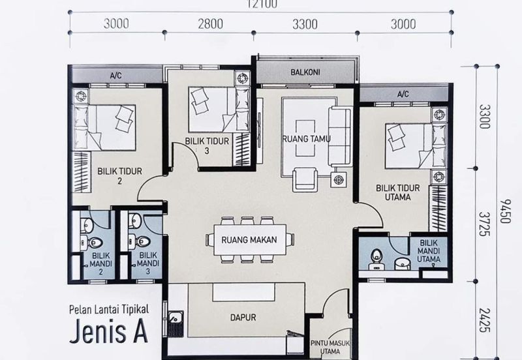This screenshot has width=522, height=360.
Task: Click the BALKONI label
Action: pyautogui.click(x=305, y=72)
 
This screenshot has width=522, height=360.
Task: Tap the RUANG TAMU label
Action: pyautogui.click(x=306, y=138)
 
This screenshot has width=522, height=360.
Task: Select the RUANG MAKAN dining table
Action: pyautogui.click(x=249, y=239)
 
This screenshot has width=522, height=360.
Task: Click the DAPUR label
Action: pyautogui.click(x=243, y=318)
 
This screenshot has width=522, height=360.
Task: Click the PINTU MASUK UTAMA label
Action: pyautogui.click(x=330, y=347)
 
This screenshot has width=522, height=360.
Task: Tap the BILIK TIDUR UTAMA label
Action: pyautogui.click(x=398, y=192)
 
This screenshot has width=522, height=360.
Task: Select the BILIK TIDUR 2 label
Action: pyautogui.click(x=119, y=176)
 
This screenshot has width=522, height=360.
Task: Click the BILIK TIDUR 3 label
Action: pyautogui.click(x=207, y=145)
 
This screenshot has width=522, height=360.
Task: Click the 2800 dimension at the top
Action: pyautogui.click(x=210, y=24)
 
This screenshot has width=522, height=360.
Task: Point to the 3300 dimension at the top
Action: pyautogui.click(x=305, y=24)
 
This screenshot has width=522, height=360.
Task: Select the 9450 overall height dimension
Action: pyautogui.click(x=505, y=211)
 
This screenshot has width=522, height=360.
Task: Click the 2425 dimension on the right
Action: pyautogui.click(x=484, y=320)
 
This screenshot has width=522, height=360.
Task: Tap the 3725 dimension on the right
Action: pyautogui.click(x=484, y=224)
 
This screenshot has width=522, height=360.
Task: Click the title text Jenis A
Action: pyautogui.click(x=108, y=331)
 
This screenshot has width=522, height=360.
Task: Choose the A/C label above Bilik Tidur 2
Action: pyautogui.click(x=116, y=76)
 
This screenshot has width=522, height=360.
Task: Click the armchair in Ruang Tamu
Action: pyautogui.click(x=305, y=179)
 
